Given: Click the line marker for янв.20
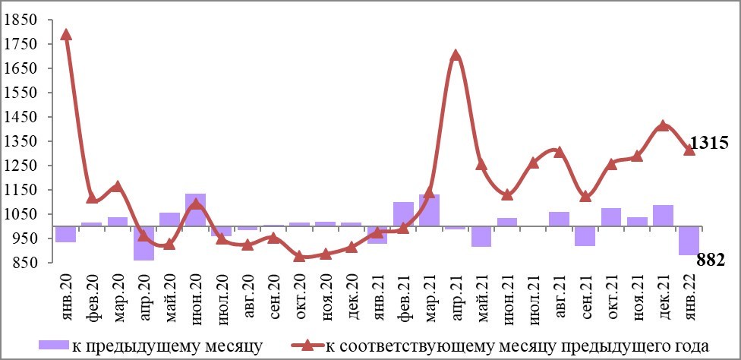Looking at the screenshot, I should [x=66, y=34].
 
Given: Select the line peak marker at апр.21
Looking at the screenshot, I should [x=456, y=55].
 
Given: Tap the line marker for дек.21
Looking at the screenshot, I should [x=663, y=125].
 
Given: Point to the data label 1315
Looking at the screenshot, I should [x=709, y=143].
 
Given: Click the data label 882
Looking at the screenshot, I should [x=713, y=261].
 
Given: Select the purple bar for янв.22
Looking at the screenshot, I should [x=689, y=240].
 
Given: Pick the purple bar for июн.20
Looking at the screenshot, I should [x=195, y=210].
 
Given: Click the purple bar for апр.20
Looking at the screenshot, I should [x=143, y=243].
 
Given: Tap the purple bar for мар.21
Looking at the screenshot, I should [x=430, y=210].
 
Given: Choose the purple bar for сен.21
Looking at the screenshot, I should [x=585, y=235].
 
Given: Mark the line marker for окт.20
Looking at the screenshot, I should [x=299, y=257].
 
